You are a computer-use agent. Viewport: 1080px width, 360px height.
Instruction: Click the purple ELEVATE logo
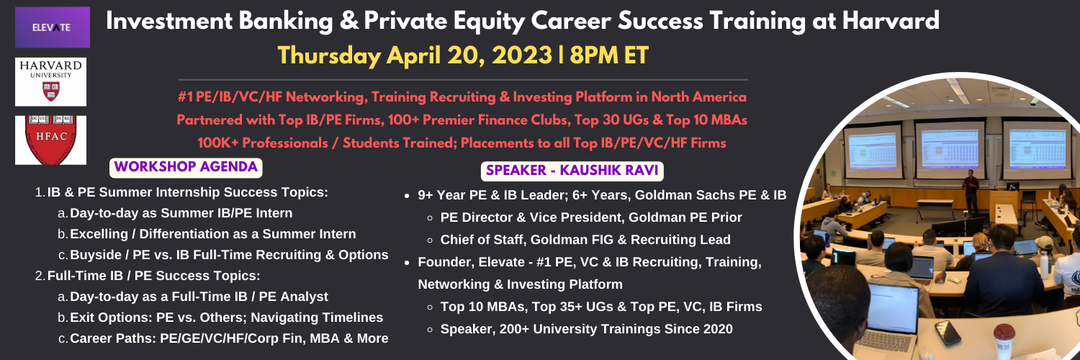pos(52,27)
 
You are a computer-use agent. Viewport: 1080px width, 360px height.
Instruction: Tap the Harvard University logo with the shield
pos(50,82)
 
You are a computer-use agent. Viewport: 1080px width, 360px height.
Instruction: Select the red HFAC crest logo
pos(50,140)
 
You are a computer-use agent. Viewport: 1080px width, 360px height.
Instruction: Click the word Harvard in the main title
pos(891,21)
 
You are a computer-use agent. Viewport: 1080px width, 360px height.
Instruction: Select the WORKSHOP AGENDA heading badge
pos(186,167)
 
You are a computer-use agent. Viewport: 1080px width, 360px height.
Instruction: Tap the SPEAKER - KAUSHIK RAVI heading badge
pos(572,171)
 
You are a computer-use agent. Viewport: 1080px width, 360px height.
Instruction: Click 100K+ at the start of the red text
pos(217,143)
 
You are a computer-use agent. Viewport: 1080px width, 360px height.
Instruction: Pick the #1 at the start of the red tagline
pos(184,97)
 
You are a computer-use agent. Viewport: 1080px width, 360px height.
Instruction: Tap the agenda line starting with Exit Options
pos(227,318)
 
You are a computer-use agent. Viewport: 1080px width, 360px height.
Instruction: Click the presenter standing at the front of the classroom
pos(970,190)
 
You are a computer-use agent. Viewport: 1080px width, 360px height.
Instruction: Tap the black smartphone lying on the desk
pos(948,333)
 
